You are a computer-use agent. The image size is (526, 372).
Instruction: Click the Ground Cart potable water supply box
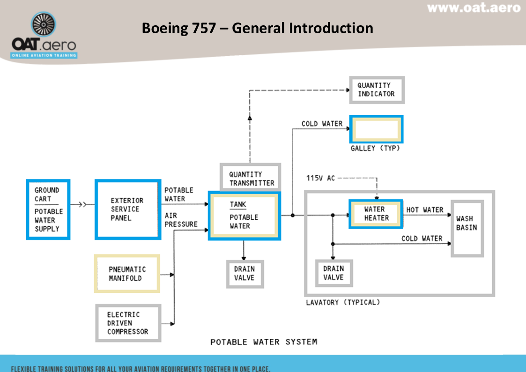point(48,209)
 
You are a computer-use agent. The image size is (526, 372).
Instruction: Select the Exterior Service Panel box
point(127,209)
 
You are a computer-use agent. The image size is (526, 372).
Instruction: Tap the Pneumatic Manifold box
point(127,274)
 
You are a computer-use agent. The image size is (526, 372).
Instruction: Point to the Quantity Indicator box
point(376,89)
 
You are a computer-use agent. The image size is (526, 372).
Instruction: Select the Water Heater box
point(376,214)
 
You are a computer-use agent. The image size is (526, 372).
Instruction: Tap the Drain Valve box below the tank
point(244,273)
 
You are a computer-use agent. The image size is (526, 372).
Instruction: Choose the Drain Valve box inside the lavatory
point(333,273)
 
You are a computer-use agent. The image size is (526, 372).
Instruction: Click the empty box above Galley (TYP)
point(376,129)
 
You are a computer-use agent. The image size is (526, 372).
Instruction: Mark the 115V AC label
point(320,178)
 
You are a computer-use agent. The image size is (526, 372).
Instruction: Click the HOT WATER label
point(424,210)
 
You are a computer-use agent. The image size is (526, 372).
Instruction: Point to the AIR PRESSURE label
point(181,220)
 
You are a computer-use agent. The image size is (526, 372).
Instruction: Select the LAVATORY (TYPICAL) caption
point(342,302)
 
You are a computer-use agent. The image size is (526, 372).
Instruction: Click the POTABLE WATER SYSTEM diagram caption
point(263,342)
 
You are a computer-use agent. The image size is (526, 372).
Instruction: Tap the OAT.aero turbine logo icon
point(44,26)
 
